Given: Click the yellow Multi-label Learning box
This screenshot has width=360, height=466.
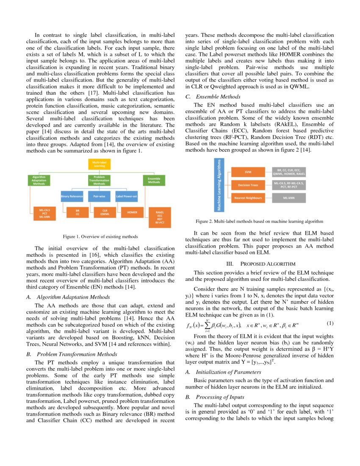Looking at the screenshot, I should coord(99,164).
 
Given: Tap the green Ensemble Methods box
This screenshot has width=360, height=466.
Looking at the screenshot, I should coord(154,180).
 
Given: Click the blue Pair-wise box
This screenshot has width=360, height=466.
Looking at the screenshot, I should coord(99,197).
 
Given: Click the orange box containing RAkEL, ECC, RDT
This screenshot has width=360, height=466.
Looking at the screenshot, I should coord(159,215).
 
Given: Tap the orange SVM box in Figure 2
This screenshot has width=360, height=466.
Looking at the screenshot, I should coord(248,172).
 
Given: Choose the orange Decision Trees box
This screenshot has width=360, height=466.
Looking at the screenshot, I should coord(248,185).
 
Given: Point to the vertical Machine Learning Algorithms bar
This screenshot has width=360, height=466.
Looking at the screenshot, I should coord(219,185).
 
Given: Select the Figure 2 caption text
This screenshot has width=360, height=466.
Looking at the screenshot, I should coord(259,221).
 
